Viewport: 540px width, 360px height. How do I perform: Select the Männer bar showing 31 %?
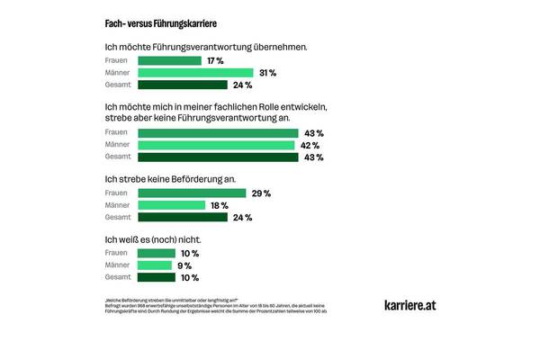point(195,73)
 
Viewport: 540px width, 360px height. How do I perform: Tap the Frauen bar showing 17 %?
point(169,60)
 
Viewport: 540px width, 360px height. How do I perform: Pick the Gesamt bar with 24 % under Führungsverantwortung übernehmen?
point(183,85)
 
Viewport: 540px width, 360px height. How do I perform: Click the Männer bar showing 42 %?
point(216,145)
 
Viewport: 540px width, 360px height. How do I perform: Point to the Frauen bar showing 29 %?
point(192,193)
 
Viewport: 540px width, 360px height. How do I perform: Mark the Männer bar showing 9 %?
point(155,265)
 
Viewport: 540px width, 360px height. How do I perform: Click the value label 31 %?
point(267,73)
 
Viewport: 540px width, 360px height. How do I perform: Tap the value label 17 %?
point(215,60)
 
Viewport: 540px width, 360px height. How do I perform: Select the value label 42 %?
point(310,145)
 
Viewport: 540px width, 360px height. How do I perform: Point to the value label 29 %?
point(261,193)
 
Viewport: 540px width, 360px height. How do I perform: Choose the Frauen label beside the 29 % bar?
point(118,193)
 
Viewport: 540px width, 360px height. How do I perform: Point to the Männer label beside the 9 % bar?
point(118,265)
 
